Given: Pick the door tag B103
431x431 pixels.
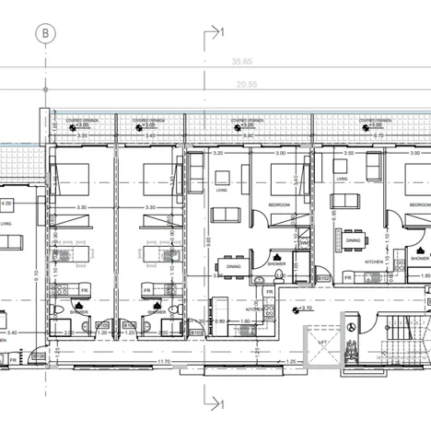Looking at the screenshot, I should [x=195, y=333].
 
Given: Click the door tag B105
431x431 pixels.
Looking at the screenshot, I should [x=103, y=324].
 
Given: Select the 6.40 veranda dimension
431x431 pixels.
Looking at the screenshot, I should [x=249, y=134].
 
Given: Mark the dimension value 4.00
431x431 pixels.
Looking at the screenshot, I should [x=7, y=203].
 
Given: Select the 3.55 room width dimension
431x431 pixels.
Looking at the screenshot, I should [x=350, y=153].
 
